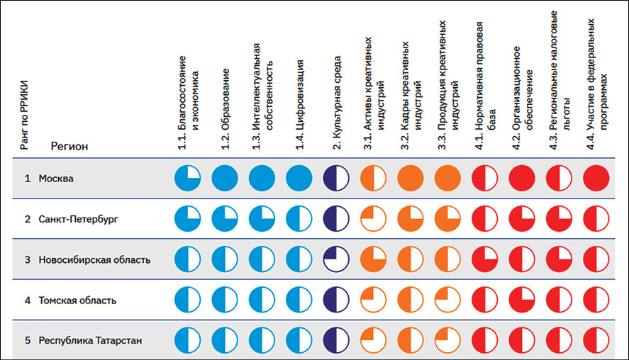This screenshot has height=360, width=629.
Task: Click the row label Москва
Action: coord(56,179)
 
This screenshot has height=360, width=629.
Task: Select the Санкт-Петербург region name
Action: coord(79,219)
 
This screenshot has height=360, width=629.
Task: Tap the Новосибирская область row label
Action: coord(94,260)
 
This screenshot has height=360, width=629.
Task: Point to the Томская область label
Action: coord(77,300)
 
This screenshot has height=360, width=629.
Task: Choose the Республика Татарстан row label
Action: coord(90,341)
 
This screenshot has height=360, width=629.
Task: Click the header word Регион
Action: coord(69,146)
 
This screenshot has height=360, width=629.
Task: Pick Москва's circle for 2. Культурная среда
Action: coord(336,178)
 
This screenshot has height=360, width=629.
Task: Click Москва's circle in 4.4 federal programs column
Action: coord(596,178)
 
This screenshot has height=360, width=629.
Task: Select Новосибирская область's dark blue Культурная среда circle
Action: coord(336,259)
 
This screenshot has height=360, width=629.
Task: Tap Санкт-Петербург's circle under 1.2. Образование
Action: coord(225,218)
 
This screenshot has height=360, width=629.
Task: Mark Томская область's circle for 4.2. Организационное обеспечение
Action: coord(521,300)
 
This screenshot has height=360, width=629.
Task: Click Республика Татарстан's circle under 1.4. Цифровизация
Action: coord(299,340)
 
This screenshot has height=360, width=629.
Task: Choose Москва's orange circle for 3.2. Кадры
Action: coord(411,178)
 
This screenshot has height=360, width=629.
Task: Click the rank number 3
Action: coord(27,260)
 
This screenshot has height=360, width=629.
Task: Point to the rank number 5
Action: coord(27,341)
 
